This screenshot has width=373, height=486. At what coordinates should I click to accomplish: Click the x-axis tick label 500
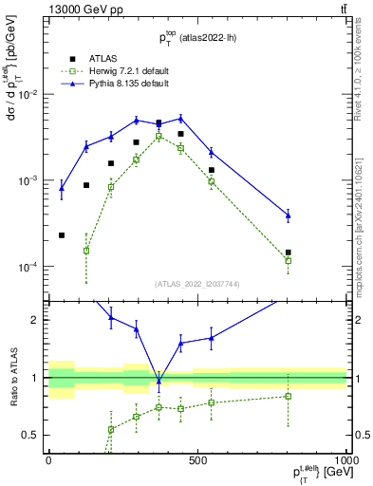click(x=197, y=459)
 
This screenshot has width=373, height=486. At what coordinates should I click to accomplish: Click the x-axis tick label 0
click(x=48, y=459)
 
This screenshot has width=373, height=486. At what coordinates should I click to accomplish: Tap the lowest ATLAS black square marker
click(x=62, y=235)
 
